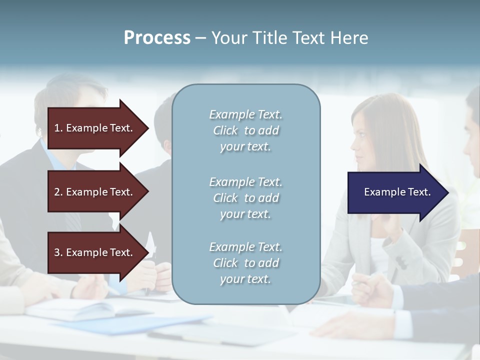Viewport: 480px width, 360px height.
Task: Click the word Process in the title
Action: coord(157,38)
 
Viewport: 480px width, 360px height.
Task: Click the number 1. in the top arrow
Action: coord(58,128)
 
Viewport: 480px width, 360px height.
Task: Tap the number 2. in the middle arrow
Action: coord(58,192)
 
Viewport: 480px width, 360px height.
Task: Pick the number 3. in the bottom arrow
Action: coord(58,252)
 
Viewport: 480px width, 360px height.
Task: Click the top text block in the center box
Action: coord(245,130)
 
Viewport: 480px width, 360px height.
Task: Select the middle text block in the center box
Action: coord(245,198)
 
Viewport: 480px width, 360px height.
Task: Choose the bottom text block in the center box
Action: coord(245,263)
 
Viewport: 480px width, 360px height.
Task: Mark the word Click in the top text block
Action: coord(225,130)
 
